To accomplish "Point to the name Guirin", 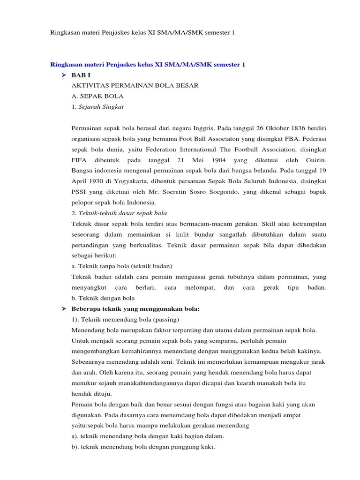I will (315, 160).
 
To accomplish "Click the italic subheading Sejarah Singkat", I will (101, 107).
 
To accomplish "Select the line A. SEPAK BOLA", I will (97, 96).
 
